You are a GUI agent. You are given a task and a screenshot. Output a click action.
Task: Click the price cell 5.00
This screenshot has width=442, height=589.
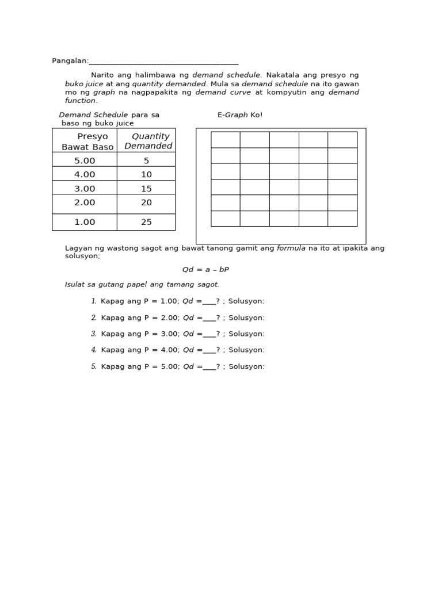pos(85,160)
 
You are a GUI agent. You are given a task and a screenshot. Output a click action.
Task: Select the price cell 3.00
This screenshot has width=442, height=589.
pos(85,188)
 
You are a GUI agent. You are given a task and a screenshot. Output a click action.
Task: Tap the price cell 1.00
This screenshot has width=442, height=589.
pos(85,222)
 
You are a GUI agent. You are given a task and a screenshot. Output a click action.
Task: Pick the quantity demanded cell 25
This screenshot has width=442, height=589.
pos(146,222)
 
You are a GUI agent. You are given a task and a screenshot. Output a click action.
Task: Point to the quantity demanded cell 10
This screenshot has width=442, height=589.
pos(146,174)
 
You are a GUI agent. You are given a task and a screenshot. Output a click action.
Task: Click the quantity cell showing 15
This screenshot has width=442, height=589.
pos(146,188)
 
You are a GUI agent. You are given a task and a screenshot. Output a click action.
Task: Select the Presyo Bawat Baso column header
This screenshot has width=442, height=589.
pos(87,141)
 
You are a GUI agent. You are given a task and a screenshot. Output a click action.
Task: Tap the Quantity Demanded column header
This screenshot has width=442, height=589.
pos(148,141)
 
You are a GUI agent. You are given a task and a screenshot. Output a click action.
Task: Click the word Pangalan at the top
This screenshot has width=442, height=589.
pos(70,61)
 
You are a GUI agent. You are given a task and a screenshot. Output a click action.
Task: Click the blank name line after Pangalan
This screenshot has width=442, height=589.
pos(163,62)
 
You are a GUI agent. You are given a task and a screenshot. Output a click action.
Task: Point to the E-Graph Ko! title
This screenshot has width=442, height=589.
pos(240,115)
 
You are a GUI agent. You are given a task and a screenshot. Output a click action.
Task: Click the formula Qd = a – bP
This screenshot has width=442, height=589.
pos(205,269)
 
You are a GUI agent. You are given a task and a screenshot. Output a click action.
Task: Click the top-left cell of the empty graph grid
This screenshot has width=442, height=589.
pos(226,140)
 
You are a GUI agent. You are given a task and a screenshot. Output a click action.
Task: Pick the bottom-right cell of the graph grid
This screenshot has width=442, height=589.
pos(342,219)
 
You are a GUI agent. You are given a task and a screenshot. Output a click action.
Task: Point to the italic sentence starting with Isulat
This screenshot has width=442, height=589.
pos(142,284)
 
